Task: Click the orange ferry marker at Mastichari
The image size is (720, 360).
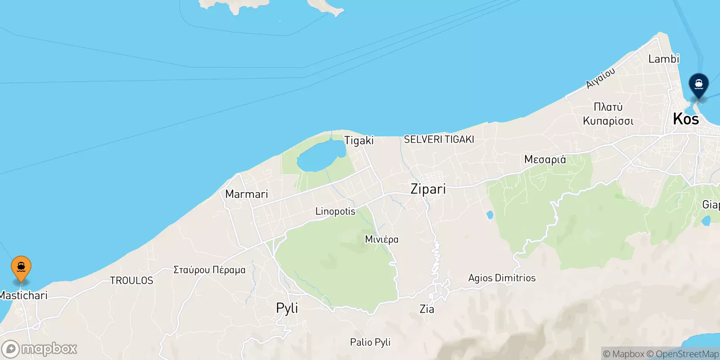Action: point(21,267)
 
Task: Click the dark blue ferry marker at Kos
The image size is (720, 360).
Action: point(698,85)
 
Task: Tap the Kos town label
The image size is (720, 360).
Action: point(686,119)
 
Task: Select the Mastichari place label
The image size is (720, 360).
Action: point(23,296)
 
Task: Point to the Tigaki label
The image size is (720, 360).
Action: point(359,140)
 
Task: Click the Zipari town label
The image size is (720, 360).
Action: point(428,189)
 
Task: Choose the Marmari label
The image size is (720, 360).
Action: point(246,194)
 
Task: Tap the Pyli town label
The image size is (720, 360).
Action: point(287,308)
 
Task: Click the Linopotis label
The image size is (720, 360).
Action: point(335,211)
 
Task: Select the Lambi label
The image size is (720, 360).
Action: point(663,59)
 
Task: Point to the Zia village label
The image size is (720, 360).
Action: point(427,309)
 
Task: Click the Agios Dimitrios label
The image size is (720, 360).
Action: point(502,278)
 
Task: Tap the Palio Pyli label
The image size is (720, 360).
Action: point(370,342)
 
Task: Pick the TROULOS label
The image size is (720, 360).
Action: point(131,281)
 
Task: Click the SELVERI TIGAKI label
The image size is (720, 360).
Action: point(439,139)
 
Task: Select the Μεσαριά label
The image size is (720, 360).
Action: point(545,160)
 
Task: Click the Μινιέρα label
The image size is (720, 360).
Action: point(382,239)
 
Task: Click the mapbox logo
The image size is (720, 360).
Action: point(40,349)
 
